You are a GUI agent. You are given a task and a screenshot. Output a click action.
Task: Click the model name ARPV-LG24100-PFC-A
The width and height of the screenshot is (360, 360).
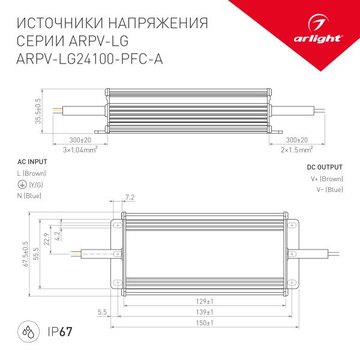tap(90, 59)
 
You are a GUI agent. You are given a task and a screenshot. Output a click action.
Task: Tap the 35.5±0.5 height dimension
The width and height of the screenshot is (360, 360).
tap(39, 112)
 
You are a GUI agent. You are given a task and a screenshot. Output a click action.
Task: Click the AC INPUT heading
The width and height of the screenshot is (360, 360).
tap(32, 162)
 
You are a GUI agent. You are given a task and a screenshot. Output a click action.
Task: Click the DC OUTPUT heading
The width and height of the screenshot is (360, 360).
tap(325, 167)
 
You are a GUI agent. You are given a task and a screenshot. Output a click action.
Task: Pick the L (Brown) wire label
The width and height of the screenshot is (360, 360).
tap(32, 173)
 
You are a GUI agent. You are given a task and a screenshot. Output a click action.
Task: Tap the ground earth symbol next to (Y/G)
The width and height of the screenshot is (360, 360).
tap(22, 185)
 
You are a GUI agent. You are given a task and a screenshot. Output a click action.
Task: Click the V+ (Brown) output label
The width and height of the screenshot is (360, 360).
tap(326, 179)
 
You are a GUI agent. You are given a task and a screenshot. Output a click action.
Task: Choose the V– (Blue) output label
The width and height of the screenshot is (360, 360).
tap(329, 190)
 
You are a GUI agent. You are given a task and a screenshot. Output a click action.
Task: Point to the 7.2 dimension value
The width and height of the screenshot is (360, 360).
tap(130, 197)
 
